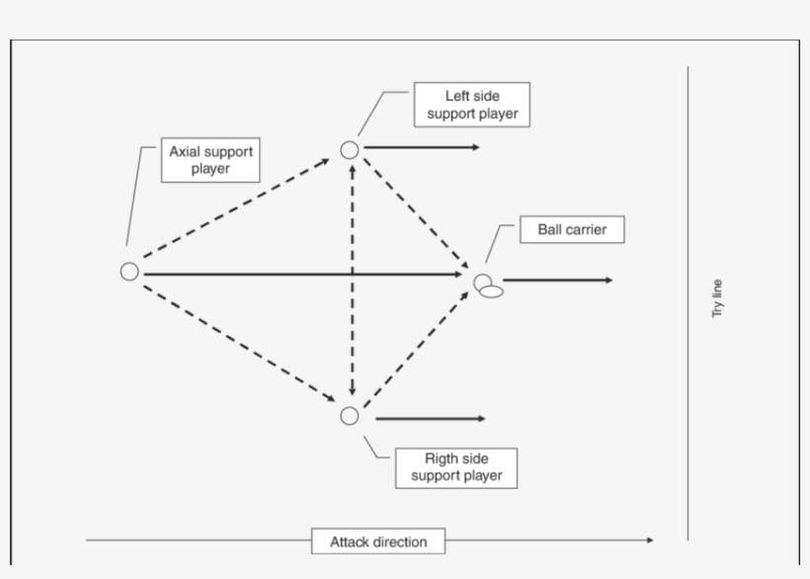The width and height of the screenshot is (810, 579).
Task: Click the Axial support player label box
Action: click(x=210, y=160)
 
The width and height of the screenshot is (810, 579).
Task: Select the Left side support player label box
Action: click(x=471, y=105)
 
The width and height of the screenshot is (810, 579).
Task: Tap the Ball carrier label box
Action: click(x=572, y=230)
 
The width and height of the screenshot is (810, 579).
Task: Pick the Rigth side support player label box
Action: click(x=456, y=467)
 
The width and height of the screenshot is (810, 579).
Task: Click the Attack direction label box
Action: click(x=378, y=541)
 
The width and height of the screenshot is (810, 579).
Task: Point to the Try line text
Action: click(x=717, y=297)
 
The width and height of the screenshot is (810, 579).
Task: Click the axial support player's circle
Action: click(x=129, y=272)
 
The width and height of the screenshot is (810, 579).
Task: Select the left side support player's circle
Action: click(x=349, y=149)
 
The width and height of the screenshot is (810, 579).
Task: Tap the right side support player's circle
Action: click(x=349, y=416)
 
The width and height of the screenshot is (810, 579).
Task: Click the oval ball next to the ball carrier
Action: click(x=492, y=291)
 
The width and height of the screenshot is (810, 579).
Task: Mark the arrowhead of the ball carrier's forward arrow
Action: click(x=607, y=281)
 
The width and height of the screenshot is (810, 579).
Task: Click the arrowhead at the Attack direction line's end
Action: click(x=649, y=539)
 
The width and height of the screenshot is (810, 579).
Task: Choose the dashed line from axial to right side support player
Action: click(x=237, y=341)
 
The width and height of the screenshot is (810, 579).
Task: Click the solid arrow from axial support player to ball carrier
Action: click(x=296, y=274)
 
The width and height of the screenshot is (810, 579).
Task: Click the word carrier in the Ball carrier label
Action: click(x=587, y=230)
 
